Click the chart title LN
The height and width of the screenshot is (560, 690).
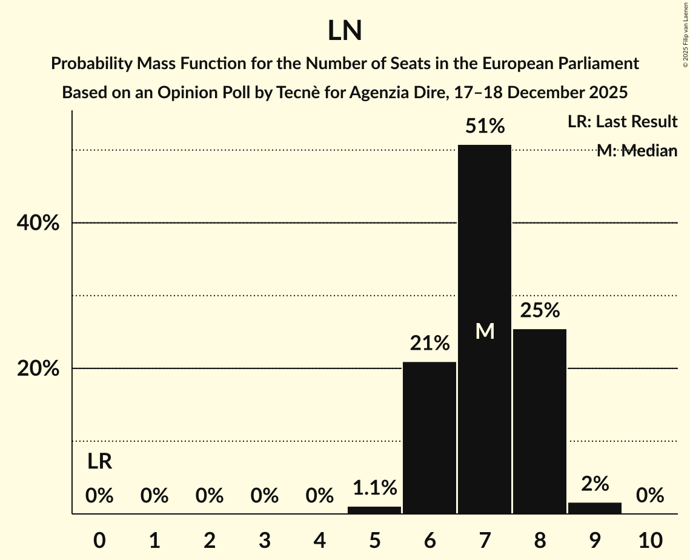pyautogui.click(x=345, y=31)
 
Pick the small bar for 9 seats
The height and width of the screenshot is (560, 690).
pyautogui.click(x=595, y=508)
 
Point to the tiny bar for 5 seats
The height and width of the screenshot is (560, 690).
pyautogui.click(x=374, y=510)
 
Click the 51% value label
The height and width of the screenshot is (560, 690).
pyautogui.click(x=485, y=127)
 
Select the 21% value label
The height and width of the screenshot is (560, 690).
pyautogui.click(x=430, y=344)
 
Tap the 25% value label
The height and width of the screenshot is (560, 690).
pyautogui.click(x=540, y=311)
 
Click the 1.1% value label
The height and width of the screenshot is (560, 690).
pyautogui.click(x=374, y=487)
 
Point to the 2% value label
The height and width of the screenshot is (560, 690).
pyautogui.click(x=595, y=484)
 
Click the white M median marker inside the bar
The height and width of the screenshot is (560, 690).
pyautogui.click(x=485, y=331)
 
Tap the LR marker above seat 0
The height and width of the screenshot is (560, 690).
pyautogui.click(x=99, y=462)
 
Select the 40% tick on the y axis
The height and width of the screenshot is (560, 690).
pyautogui.click(x=38, y=223)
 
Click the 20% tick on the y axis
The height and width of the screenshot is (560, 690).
pyautogui.click(x=38, y=368)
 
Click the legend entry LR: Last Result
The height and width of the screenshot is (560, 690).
pyautogui.click(x=622, y=122)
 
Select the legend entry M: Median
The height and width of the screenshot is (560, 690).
pyautogui.click(x=637, y=150)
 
